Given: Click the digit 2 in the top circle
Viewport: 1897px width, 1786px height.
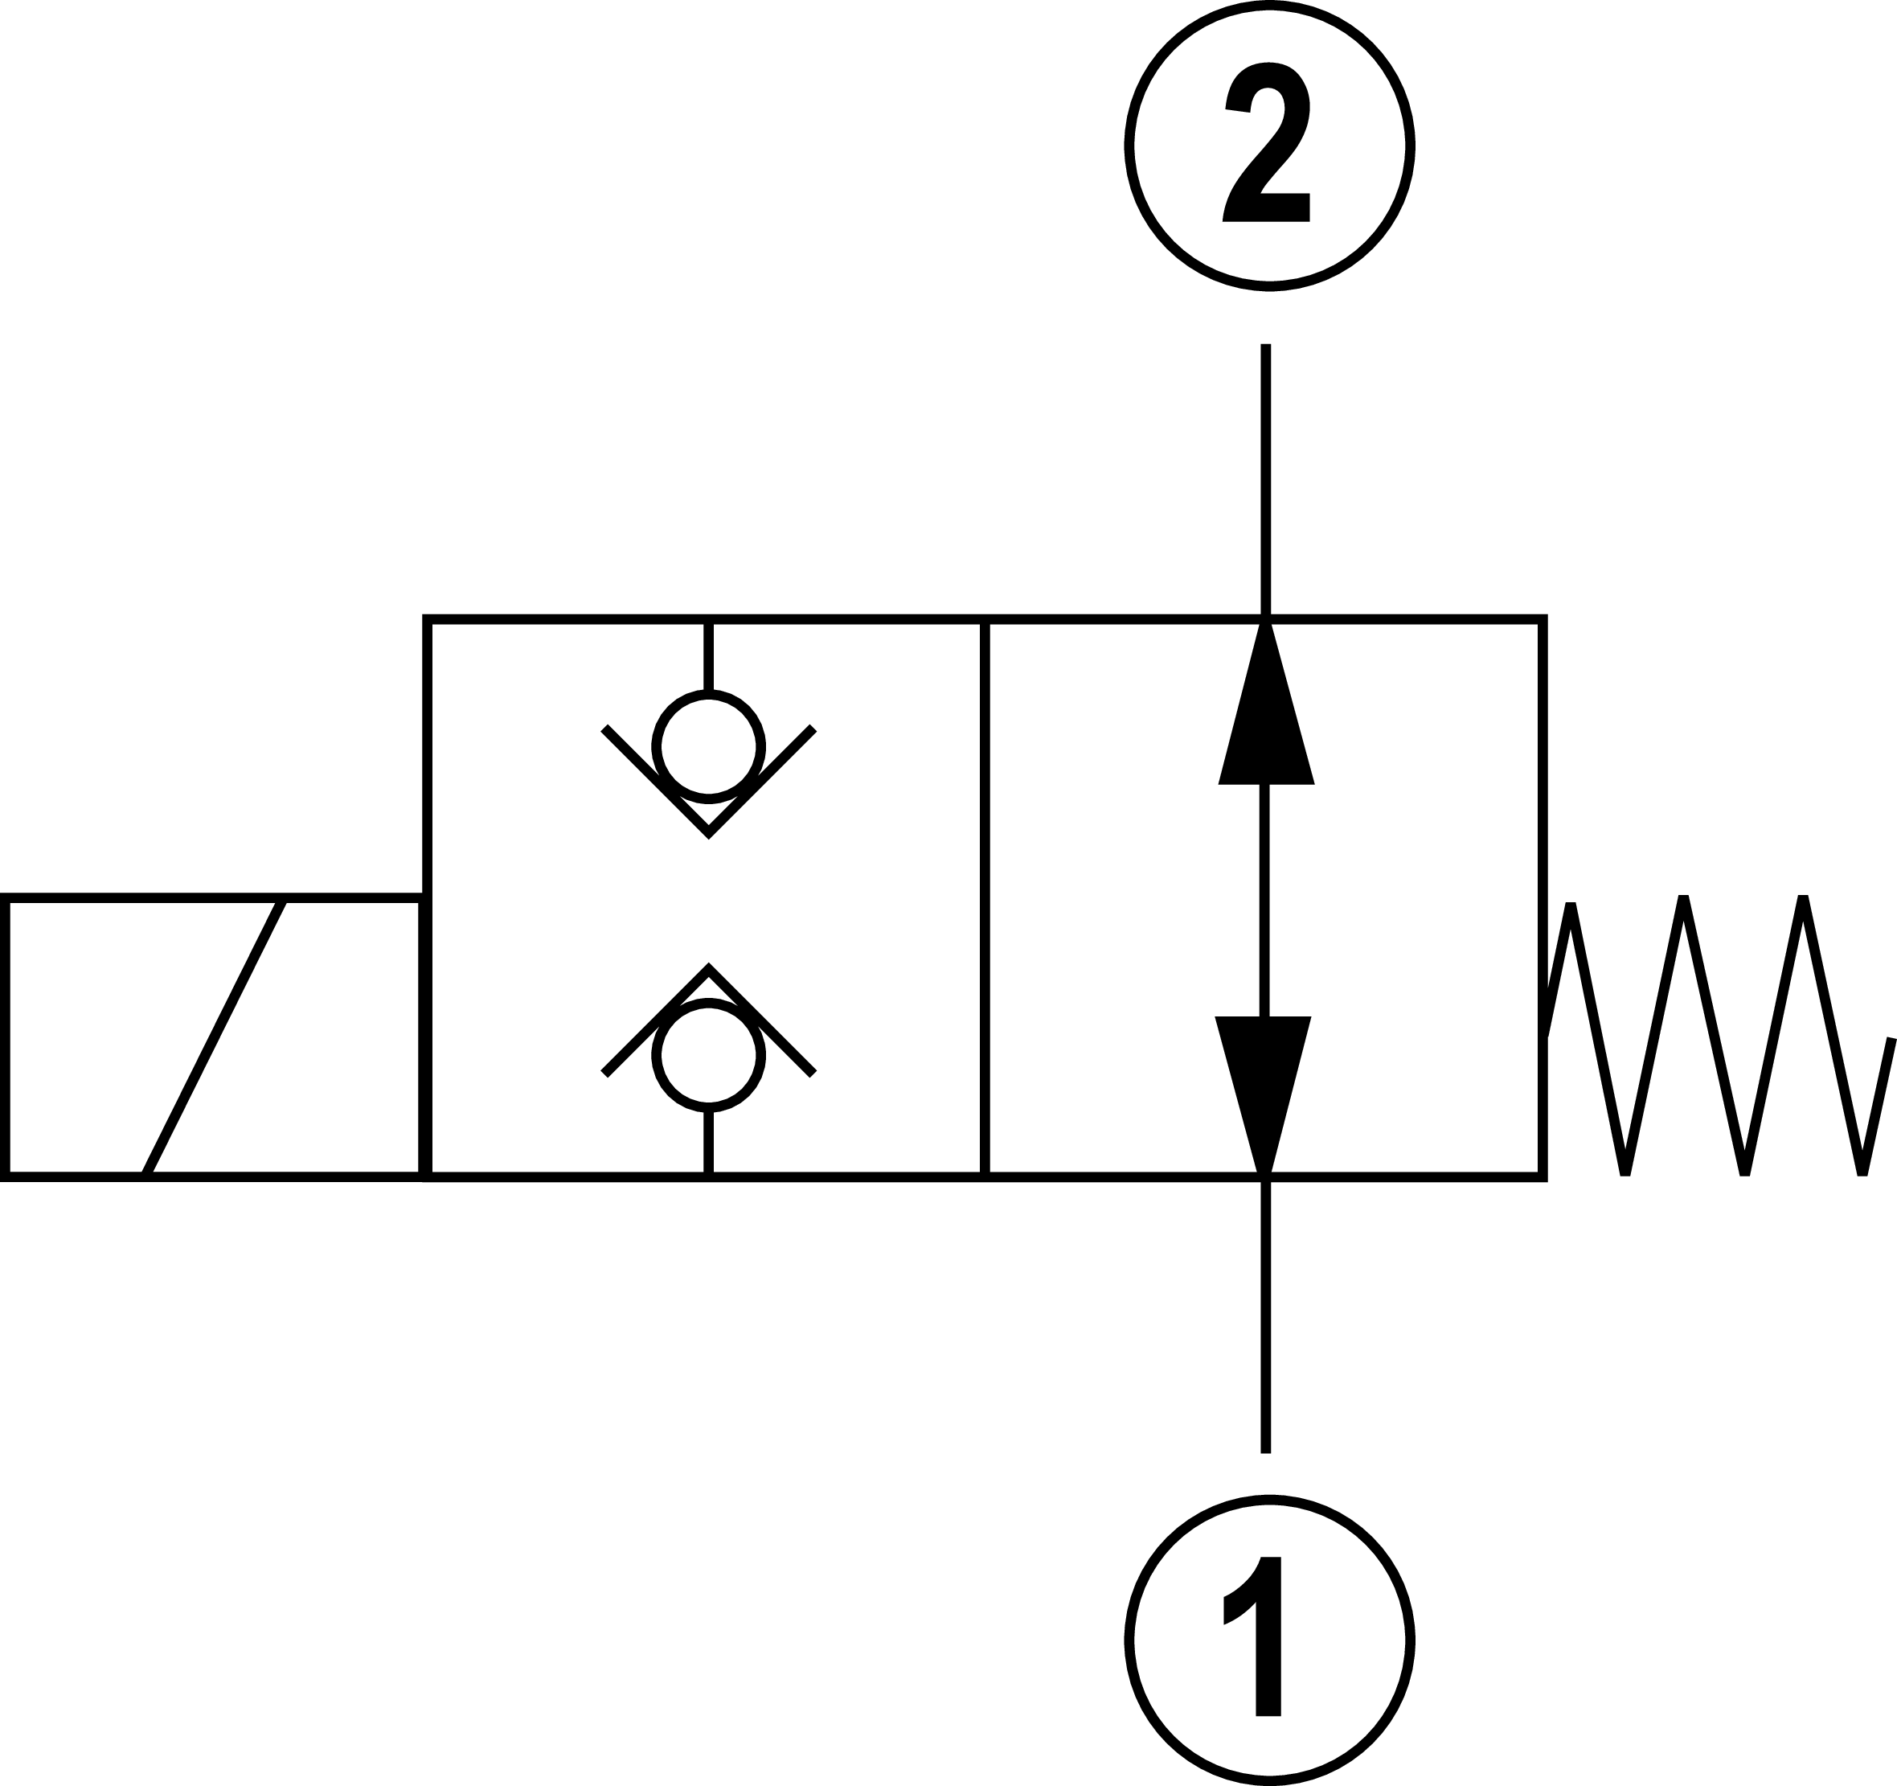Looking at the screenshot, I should pos(1267,143).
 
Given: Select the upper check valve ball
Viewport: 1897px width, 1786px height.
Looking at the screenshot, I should pos(708,746).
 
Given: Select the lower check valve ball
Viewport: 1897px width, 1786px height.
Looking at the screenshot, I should pos(708,1055).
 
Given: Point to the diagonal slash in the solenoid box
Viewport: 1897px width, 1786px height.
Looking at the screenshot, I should pos(215,1036).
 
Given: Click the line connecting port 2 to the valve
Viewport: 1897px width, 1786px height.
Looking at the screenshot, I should pos(1266,478).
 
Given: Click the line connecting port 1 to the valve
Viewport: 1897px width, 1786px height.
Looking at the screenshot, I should pos(1266,1317).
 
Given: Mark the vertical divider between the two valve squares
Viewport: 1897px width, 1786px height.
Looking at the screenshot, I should pos(985,897).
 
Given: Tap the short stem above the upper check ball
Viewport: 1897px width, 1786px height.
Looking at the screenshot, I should pos(708,657).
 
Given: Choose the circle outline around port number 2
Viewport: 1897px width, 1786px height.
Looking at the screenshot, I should pos(1129,146).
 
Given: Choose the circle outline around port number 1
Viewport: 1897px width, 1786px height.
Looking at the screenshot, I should pos(1129,1640).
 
